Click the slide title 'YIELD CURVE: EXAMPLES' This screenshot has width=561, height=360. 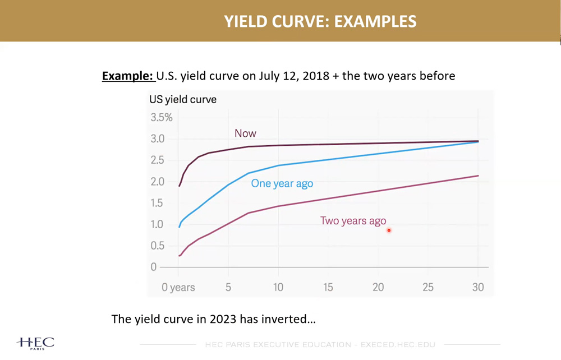pos(320,21)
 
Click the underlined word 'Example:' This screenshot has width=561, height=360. pos(128,75)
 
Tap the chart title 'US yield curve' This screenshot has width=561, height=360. pos(182,100)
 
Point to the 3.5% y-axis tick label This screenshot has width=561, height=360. pos(161,118)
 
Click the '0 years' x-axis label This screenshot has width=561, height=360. pos(178,288)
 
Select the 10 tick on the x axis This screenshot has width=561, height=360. pos(278,288)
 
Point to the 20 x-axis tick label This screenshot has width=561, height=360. pos(378,288)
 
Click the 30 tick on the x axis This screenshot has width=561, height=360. pos(478,288)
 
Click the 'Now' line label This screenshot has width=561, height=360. pos(245,133)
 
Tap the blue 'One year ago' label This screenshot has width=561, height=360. pos(282,184)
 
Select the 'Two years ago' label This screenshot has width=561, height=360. pos(353,221)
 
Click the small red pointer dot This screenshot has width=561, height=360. pos(388,230)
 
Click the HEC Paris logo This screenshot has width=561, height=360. pos(36,343)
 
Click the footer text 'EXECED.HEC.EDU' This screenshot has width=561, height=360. pos(398,344)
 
